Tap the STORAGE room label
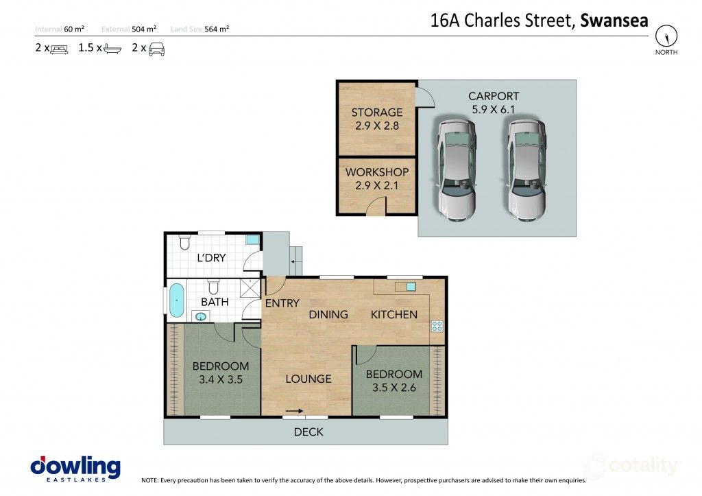click(x=377, y=113)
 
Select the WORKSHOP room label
click(x=377, y=172)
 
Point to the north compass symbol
click(x=666, y=36)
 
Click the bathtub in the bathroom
click(x=177, y=301)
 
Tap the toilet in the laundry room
click(x=184, y=243)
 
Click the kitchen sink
click(x=411, y=287)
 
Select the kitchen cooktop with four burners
click(x=436, y=327)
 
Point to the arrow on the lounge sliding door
click(x=294, y=411)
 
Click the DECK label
click(x=308, y=432)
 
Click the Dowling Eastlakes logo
click(x=75, y=469)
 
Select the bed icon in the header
click(x=60, y=49)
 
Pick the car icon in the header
click(x=156, y=49)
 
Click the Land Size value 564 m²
click(x=216, y=29)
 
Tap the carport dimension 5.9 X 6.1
click(x=494, y=109)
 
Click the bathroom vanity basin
click(x=201, y=316)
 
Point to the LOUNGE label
click(x=308, y=379)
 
